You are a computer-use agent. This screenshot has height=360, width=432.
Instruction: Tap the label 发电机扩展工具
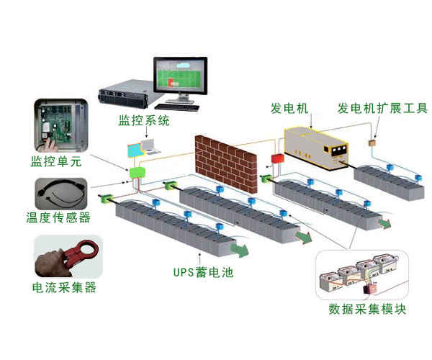382,109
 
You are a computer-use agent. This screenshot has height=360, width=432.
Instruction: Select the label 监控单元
55,161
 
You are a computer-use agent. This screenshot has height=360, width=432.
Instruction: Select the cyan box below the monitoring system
136,150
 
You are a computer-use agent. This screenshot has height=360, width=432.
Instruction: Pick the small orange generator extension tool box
373,144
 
